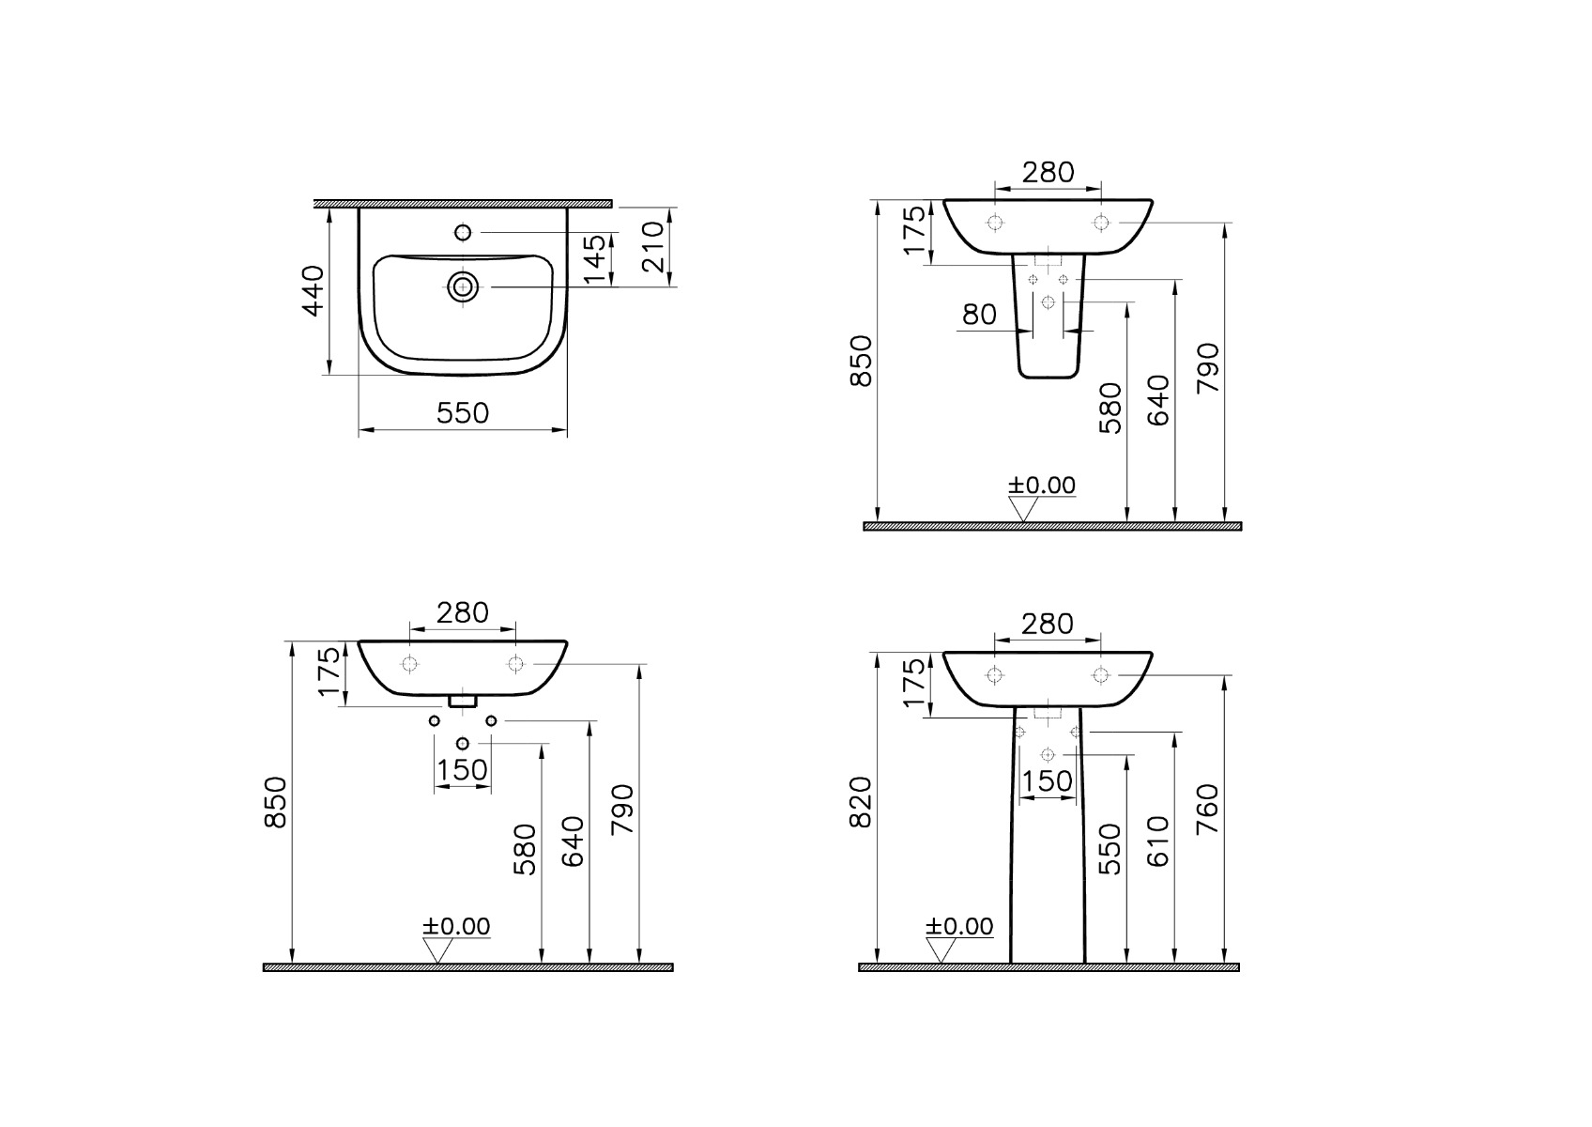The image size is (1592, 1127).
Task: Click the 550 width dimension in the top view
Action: tap(463, 413)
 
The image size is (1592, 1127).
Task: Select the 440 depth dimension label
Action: tap(314, 291)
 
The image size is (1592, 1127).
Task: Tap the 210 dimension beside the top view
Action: tap(652, 247)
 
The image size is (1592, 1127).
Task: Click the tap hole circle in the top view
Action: tap(463, 233)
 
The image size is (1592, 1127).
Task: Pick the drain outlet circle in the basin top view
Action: tap(463, 287)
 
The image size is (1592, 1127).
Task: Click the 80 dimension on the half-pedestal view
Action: tap(979, 315)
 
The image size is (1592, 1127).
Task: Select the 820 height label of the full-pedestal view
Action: tap(861, 803)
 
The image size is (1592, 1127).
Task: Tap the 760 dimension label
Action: tap(1207, 810)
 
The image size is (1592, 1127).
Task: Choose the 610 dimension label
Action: tap(1158, 841)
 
